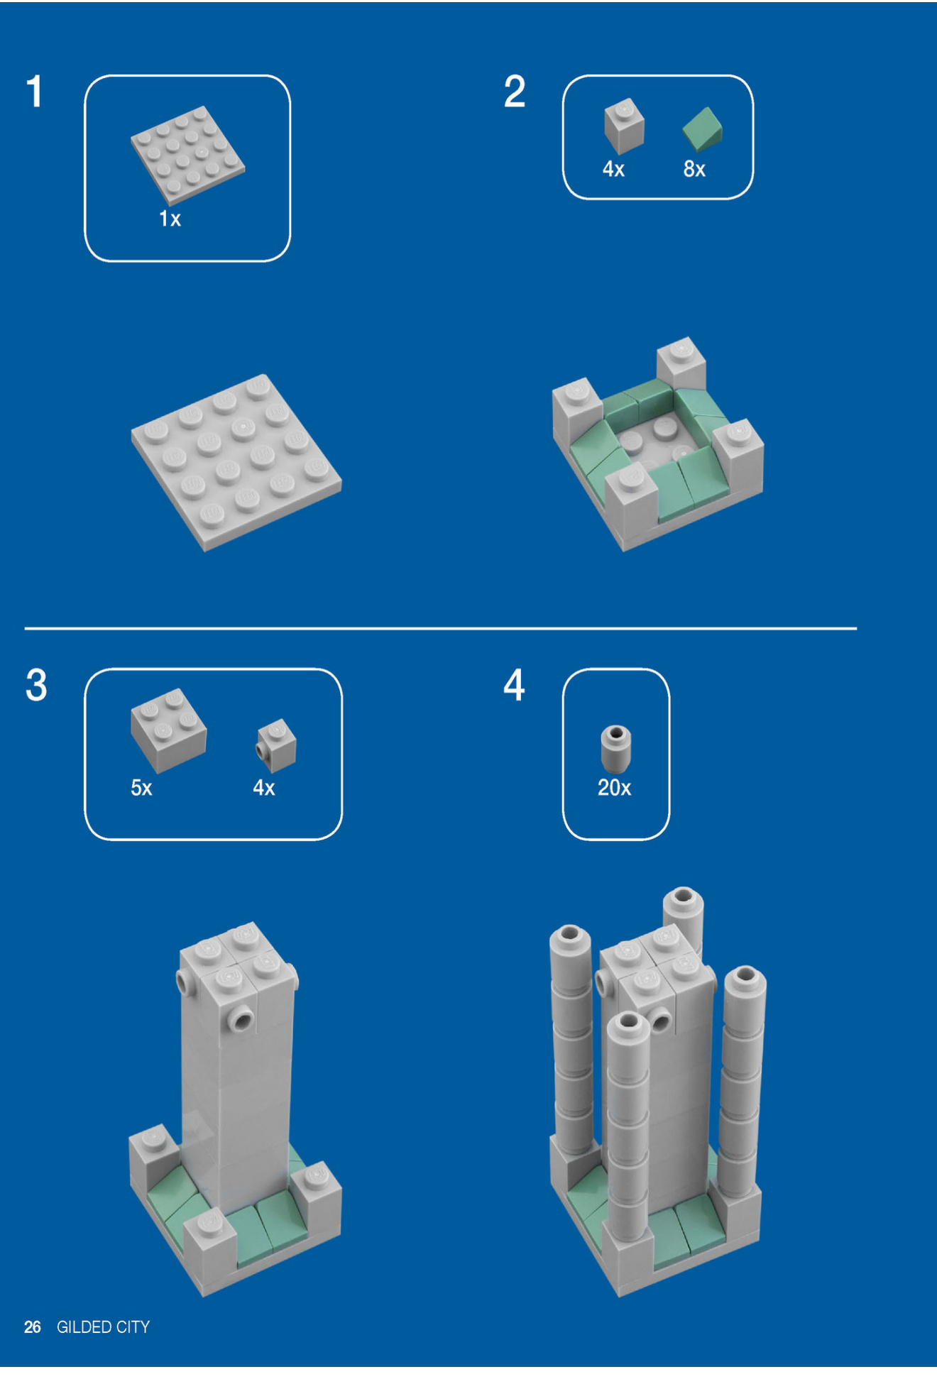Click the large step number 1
35,92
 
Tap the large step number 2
515,92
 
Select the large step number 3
36,685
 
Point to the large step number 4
515,685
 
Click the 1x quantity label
170,219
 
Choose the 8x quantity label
694,169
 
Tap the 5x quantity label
141,788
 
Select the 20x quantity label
614,788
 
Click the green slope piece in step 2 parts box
702,129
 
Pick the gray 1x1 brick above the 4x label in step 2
624,126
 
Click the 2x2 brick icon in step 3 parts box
168,730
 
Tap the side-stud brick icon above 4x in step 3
276,745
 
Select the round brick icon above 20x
615,749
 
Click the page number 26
32,1327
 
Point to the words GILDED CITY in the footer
103,1327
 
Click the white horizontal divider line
440,628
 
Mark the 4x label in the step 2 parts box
613,169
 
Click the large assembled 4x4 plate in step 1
236,463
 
